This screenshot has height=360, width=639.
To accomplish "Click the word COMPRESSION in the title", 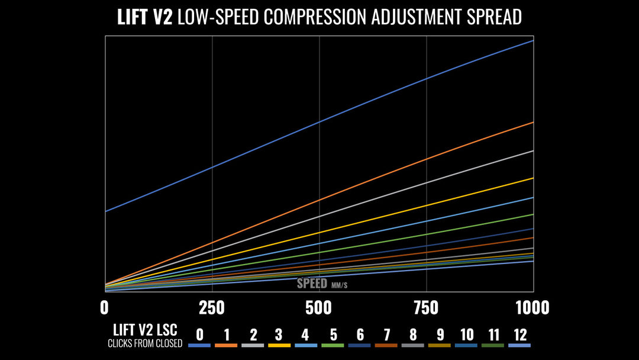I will click(314, 17).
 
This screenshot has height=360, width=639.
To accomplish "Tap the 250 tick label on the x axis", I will click(212, 308).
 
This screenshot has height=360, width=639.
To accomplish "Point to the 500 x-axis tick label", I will click(319, 308).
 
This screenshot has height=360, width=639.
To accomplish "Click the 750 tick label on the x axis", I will click(426, 308).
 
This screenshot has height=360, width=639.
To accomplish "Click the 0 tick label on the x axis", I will click(105, 308).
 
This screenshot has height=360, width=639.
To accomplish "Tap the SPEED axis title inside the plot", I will click(312, 283).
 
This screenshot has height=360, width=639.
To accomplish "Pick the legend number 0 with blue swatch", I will click(200, 335).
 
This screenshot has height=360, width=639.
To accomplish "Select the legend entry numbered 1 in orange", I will click(227, 335).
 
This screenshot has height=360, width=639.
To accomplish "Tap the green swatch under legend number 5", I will click(333, 345).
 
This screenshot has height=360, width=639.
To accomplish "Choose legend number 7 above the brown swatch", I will click(386, 335).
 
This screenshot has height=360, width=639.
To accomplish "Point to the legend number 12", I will click(519, 335).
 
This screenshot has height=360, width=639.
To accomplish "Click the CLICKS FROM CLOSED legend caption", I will click(145, 344).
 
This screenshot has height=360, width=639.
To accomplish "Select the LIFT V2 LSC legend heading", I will click(145, 330).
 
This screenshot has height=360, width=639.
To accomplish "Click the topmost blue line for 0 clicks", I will click(319, 122).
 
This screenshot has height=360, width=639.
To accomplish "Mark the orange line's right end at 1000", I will click(532, 123).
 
